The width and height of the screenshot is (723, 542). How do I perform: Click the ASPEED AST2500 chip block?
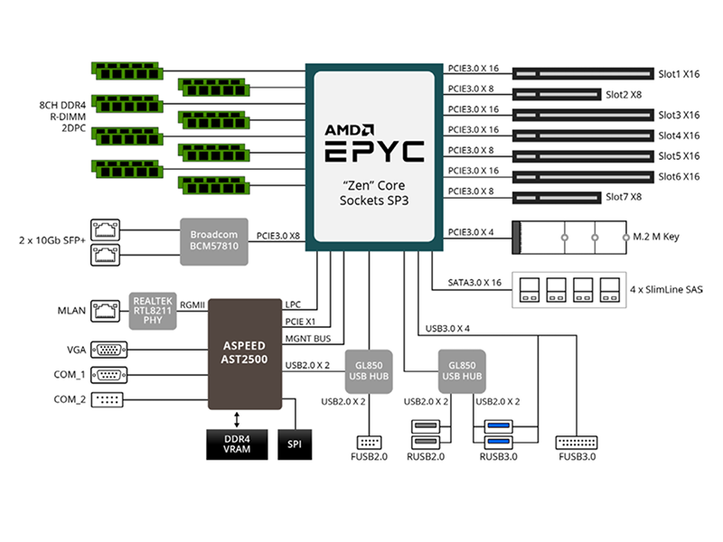[244, 354]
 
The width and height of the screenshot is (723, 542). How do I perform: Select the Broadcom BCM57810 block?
[214, 241]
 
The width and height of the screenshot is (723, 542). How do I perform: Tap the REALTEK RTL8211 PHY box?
[153, 311]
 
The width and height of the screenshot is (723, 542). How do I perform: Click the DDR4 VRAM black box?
[237, 444]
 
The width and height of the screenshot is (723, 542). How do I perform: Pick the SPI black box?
[295, 444]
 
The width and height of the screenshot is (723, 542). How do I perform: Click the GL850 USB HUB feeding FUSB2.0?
[369, 371]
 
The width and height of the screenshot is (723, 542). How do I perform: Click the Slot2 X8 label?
[624, 95]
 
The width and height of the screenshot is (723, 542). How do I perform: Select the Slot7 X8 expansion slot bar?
[557, 198]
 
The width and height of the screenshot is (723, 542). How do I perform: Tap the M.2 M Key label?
[656, 237]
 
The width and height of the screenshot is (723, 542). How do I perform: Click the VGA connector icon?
[108, 350]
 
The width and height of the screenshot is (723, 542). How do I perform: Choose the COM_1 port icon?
[108, 375]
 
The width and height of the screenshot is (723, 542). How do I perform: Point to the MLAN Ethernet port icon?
[105, 311]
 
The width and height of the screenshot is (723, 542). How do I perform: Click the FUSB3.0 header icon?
[577, 443]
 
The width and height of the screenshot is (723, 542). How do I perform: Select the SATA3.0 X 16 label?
[474, 283]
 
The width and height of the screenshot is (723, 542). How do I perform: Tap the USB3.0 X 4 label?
[447, 329]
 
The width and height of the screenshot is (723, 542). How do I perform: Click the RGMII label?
[192, 305]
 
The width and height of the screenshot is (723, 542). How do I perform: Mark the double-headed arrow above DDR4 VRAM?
[237, 420]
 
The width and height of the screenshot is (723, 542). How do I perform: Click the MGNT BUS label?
[308, 339]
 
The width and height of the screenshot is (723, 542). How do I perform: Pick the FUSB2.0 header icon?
[369, 443]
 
